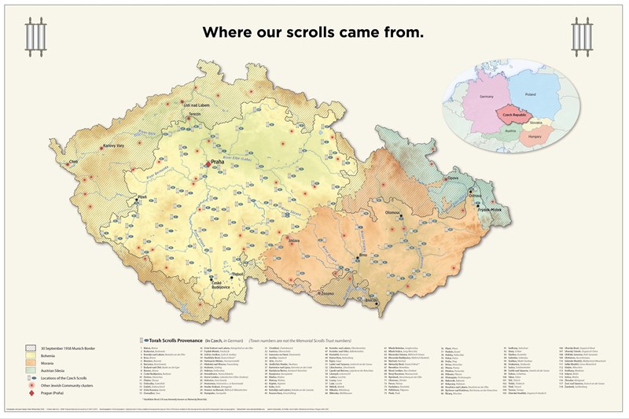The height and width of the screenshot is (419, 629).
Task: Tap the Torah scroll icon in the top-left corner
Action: point(33,34)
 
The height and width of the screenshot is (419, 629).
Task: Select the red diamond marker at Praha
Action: point(208,164)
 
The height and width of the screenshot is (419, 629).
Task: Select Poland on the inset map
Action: point(529,94)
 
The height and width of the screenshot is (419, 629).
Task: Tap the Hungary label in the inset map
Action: point(537,135)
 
